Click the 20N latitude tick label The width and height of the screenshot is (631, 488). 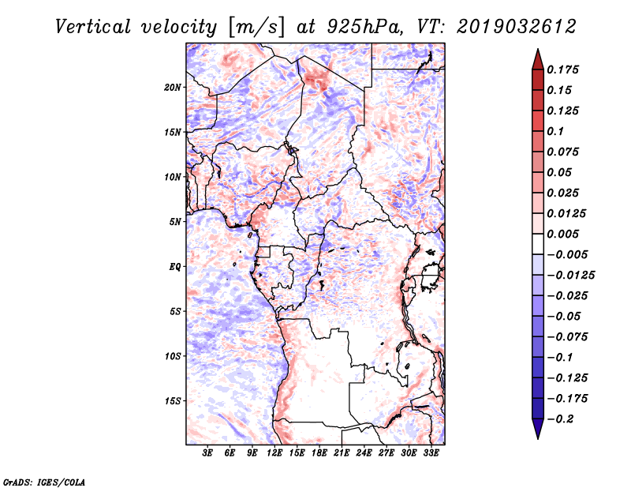[x=173, y=87]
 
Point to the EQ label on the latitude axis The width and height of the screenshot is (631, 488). [x=175, y=267]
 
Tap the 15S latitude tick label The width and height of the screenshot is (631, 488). [x=173, y=401]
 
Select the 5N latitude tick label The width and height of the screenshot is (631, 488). [x=174, y=222]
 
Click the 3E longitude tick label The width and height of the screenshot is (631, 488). [x=207, y=453]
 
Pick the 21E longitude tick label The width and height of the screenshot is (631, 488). [x=342, y=453]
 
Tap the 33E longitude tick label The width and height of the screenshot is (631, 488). [x=431, y=453]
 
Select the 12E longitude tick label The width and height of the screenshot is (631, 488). [x=274, y=453]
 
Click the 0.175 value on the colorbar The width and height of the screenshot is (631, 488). [x=565, y=69]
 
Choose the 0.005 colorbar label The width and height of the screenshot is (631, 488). [x=565, y=234]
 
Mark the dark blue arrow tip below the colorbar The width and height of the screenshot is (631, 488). [x=537, y=431]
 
